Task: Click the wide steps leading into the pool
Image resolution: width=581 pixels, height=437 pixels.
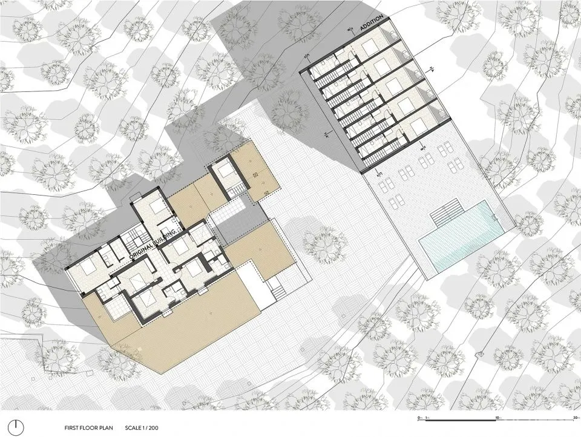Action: point(447,214)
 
